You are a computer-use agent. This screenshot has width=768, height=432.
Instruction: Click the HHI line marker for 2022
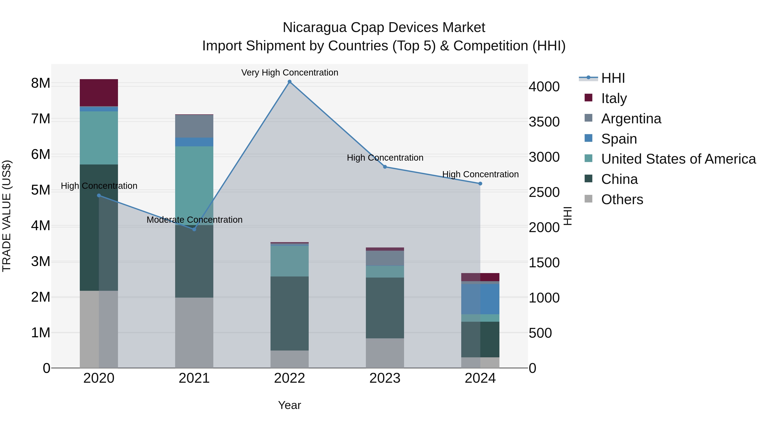(x=289, y=82)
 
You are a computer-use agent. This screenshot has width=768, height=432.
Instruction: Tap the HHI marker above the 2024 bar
(x=480, y=184)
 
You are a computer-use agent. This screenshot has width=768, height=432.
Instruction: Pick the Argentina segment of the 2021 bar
(x=194, y=126)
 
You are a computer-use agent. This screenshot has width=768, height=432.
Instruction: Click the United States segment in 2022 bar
(x=289, y=261)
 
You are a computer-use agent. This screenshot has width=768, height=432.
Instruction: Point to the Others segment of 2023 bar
(x=385, y=353)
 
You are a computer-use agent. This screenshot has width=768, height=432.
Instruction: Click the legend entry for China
(x=619, y=179)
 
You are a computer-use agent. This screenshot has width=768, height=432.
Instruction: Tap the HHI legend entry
(x=613, y=78)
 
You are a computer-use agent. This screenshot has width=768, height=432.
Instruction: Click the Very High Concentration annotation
(x=289, y=73)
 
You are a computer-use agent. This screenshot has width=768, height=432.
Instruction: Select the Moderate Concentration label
(x=194, y=220)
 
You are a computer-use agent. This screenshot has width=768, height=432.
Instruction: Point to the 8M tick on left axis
(x=41, y=83)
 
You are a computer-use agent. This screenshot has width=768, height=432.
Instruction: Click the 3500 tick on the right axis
(x=544, y=122)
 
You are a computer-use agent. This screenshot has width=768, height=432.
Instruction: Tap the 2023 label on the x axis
(x=385, y=378)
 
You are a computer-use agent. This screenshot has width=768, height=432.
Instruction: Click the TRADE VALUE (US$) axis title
(x=7, y=216)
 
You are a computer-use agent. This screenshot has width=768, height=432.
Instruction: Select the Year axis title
(x=289, y=405)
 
